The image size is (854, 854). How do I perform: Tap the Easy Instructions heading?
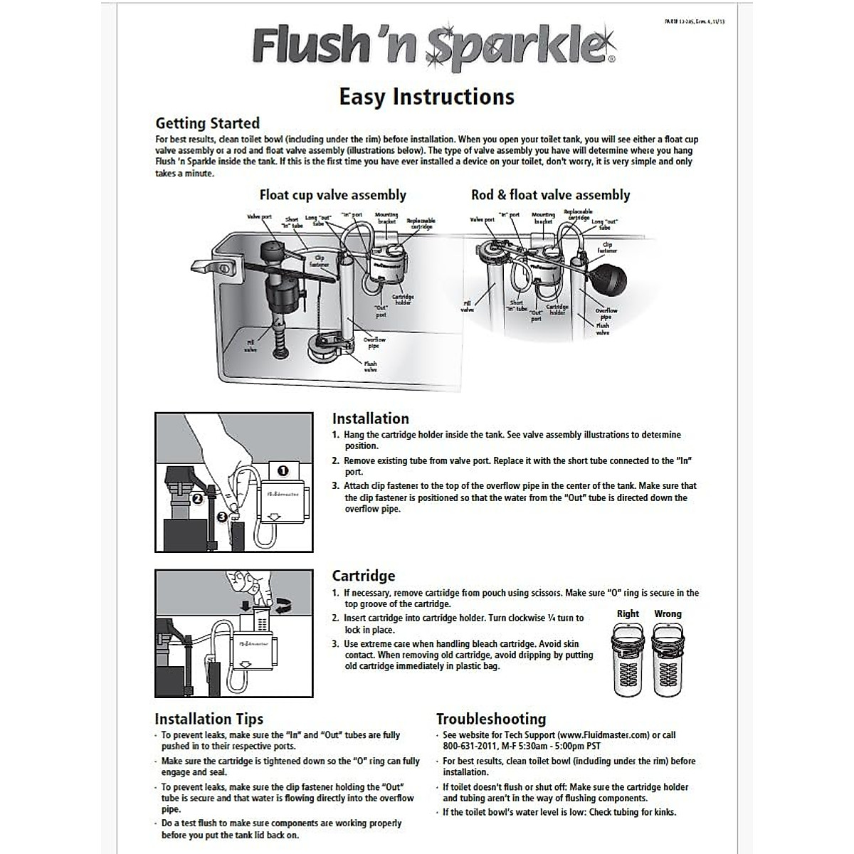pos(426,96)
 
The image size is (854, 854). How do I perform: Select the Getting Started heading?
pos(207,123)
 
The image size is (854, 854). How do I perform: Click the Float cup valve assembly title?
pos(332,195)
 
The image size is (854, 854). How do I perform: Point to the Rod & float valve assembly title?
pos(550,195)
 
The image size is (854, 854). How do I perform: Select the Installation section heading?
pos(370,418)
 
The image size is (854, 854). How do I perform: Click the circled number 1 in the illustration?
pos(283,470)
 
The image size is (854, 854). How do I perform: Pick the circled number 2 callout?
pos(197,499)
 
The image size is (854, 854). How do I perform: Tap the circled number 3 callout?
pos(223,517)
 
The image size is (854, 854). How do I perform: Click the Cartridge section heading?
pos(363,576)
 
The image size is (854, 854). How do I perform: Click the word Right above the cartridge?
pos(628,613)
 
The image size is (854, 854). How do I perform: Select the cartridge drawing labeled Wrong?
pos(668,660)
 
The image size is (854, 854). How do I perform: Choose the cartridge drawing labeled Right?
pos(628,660)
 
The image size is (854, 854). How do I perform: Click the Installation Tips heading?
pos(209,719)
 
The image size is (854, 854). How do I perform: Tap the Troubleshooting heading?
pos(490,719)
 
